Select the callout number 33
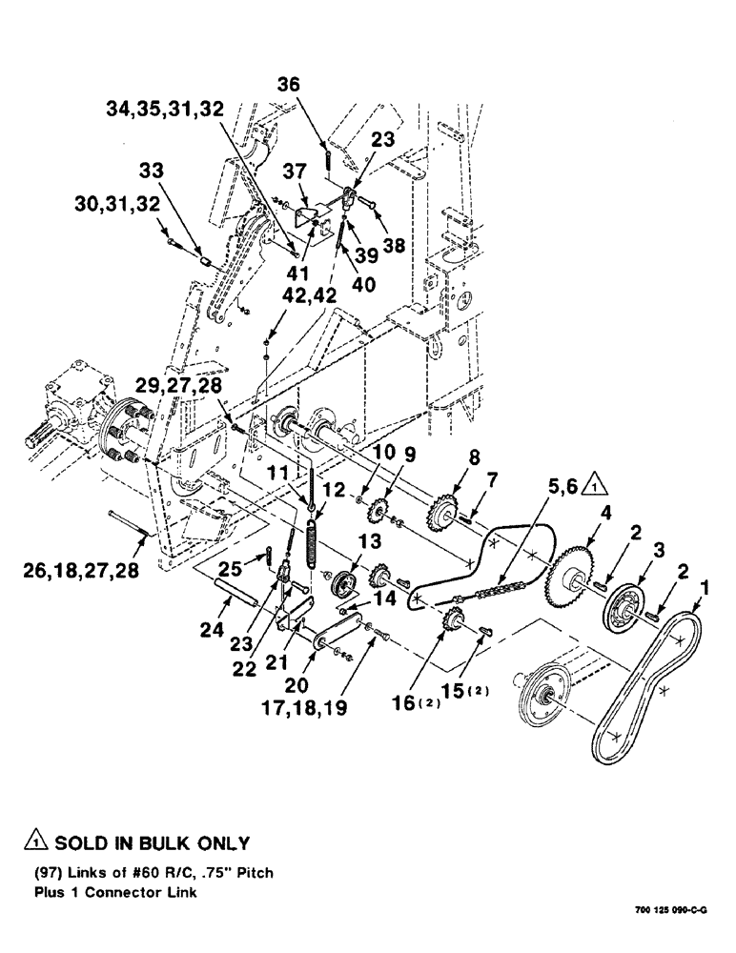coord(152,172)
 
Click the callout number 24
coord(210,630)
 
